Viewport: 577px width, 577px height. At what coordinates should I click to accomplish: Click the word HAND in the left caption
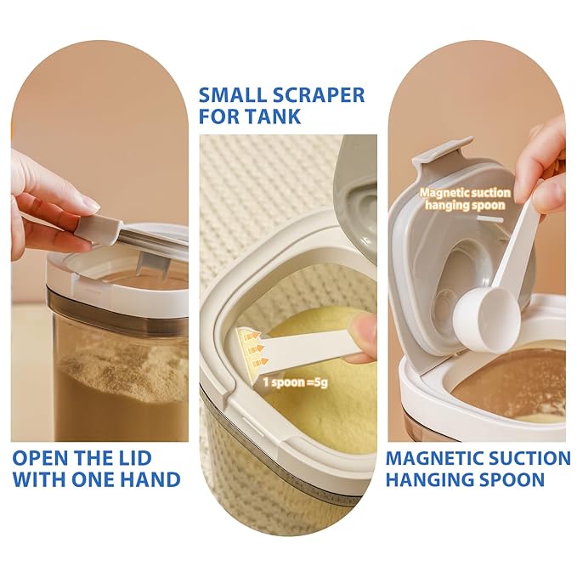151,479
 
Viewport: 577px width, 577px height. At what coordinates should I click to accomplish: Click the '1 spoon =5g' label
295,382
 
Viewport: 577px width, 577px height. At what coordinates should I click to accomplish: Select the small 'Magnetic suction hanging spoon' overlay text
465,199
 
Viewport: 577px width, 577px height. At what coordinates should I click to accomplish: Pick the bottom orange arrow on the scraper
256,363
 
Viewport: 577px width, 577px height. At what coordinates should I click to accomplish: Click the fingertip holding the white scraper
364,330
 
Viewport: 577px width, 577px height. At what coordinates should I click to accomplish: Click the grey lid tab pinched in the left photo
99,227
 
